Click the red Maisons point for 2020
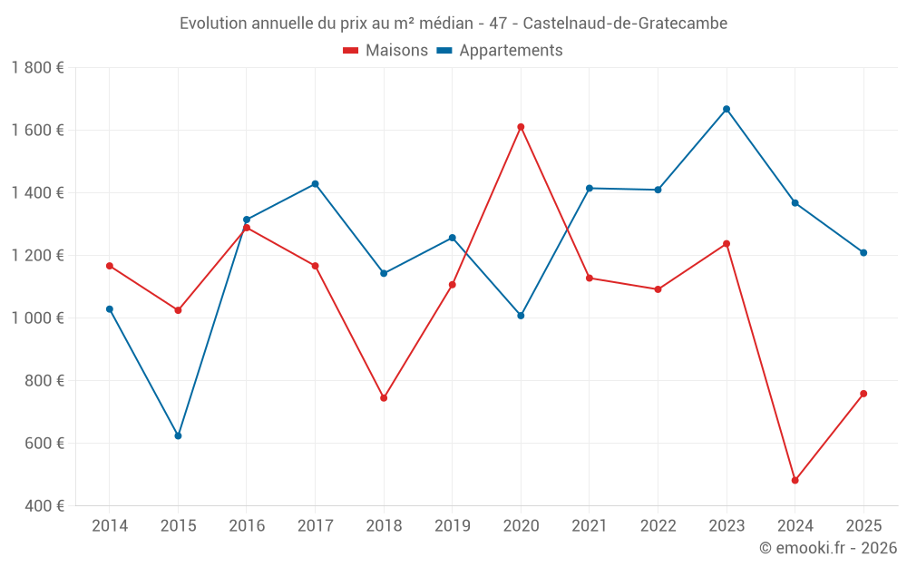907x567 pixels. pyautogui.click(x=521, y=127)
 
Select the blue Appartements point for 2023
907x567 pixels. pyautogui.click(x=727, y=109)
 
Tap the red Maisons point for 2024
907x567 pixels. pyautogui.click(x=795, y=480)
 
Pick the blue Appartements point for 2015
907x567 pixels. pyautogui.click(x=178, y=435)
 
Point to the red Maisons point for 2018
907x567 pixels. pyautogui.click(x=384, y=397)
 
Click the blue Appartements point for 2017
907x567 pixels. pyautogui.click(x=315, y=184)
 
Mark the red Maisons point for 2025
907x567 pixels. pyautogui.click(x=863, y=394)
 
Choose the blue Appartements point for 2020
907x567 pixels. pyautogui.click(x=521, y=316)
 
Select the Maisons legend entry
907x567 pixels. pyautogui.click(x=385, y=51)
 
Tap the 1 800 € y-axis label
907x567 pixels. pyautogui.click(x=37, y=68)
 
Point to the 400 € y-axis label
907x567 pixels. pyautogui.click(x=44, y=506)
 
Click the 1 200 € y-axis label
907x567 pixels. pyautogui.click(x=37, y=256)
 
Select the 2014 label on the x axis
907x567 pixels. pyautogui.click(x=110, y=526)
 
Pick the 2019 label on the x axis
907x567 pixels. pyautogui.click(x=452, y=526)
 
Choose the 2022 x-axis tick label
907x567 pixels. pyautogui.click(x=658, y=526)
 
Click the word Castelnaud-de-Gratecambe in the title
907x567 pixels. pyautogui.click(x=625, y=24)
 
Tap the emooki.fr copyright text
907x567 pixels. pyautogui.click(x=828, y=548)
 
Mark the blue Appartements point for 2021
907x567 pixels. pyautogui.click(x=590, y=188)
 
